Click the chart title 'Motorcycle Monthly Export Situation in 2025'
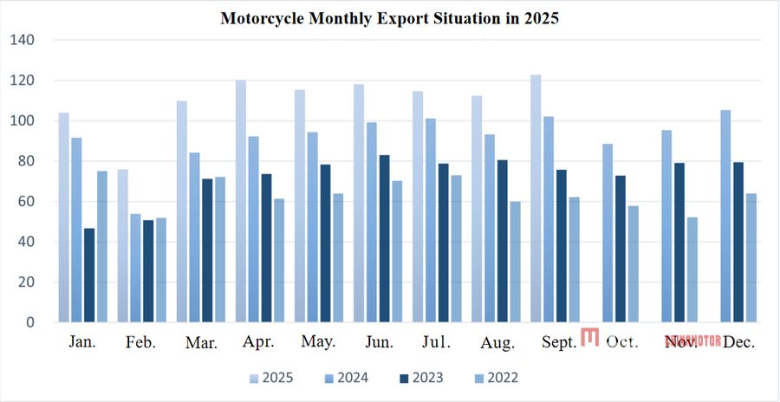click(389, 18)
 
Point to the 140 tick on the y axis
click(23, 40)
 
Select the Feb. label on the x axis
click(140, 342)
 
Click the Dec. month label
click(738, 342)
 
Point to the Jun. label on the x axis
click(379, 342)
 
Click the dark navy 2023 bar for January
click(89, 275)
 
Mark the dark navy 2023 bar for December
click(738, 242)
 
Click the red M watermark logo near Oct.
click(590, 337)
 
